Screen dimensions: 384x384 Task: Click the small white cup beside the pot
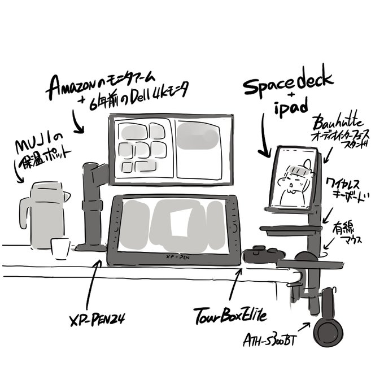(x=60, y=248)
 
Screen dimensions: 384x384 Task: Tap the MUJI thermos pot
(x=43, y=215)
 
